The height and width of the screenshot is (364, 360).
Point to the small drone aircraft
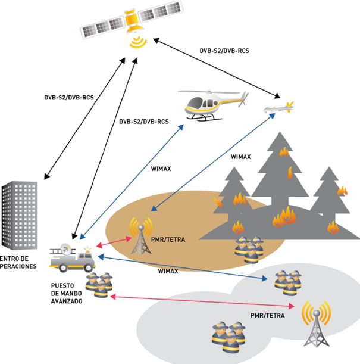278,108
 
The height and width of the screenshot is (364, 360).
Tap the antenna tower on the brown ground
141,235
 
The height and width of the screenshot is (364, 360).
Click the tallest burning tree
279,179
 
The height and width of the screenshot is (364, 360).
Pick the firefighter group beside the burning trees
249,247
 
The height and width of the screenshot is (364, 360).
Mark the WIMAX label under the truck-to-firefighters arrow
170,271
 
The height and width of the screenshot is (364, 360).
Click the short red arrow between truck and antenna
114,242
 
